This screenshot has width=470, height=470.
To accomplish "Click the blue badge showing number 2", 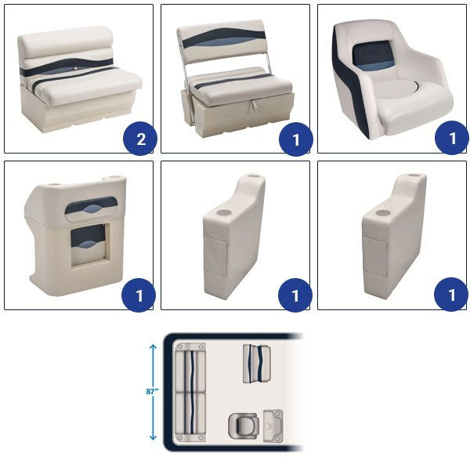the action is [x=140, y=139].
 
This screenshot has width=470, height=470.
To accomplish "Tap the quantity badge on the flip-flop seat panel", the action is [x=296, y=139].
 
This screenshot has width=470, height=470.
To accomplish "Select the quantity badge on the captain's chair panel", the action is [x=452, y=138].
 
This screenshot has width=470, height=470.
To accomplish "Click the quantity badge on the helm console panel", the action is [x=139, y=295].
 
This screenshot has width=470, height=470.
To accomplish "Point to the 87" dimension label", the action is [x=152, y=392].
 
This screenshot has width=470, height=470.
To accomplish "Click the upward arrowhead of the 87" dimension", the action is [x=153, y=347].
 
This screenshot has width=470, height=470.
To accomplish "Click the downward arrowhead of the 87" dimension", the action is [x=153, y=437].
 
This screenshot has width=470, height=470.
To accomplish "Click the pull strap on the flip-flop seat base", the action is [x=254, y=105].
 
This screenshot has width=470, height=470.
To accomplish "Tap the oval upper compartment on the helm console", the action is [x=91, y=208].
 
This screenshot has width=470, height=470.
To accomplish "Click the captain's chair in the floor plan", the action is [x=244, y=426].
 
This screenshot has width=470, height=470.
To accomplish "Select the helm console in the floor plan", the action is [x=273, y=425].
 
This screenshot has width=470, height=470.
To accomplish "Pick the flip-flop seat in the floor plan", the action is [x=257, y=363].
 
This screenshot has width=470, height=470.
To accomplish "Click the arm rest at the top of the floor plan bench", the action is [x=190, y=347].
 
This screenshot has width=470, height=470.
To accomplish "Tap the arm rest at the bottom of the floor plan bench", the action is [x=190, y=437].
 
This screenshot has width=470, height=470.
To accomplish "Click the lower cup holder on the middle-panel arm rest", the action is [x=224, y=212].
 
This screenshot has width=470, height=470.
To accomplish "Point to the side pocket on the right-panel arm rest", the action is [x=374, y=255].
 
